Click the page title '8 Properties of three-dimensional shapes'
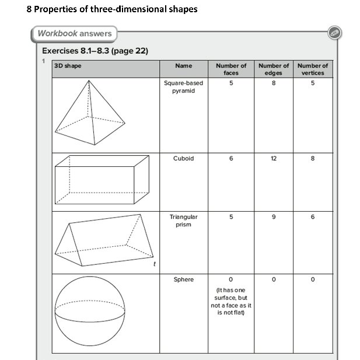pos(111,9)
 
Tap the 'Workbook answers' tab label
pos(74,33)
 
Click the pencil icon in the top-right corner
pos(334,33)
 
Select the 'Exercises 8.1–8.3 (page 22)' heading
pos(95,51)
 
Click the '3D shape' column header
pos(68,66)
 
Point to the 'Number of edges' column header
pos(274,69)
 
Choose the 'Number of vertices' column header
pos(313,69)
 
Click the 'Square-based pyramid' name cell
pos(183,87)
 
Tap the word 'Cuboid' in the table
pos(183,159)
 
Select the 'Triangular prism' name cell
pos(183,221)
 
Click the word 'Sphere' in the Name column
pos(183,279)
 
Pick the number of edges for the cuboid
pos(274,159)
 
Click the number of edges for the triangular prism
pos(274,217)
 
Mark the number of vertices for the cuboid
pos(313,159)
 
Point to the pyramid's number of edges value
pos(274,83)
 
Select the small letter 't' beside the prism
pos(154,264)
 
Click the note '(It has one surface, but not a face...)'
pos(231,301)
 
